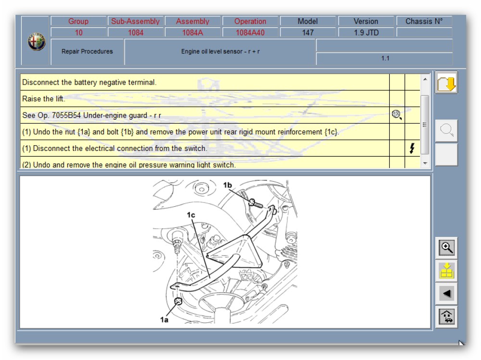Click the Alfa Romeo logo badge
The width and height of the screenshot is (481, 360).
pos(37,41)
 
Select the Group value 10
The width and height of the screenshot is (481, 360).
pos(78,33)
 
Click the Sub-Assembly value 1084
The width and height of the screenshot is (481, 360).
pos(136,33)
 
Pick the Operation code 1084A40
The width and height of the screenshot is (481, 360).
pos(250,33)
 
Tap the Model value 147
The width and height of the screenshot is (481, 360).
pos(308,33)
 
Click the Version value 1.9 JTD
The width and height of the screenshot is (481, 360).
pos(366,33)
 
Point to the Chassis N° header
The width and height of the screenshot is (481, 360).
pos(424,21)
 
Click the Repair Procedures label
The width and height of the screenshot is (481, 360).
pos(87,51)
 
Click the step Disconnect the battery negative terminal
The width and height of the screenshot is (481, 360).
pos(89,82)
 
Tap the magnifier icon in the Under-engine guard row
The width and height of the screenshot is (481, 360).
pos(397,115)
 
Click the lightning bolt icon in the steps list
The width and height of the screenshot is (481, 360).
pos(412,148)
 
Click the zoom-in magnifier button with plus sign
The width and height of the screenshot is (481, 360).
pos(446,248)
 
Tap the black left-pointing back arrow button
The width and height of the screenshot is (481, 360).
pos(446,294)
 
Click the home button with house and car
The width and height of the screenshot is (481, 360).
pos(446,316)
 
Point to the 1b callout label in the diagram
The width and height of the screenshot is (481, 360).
pos(228,185)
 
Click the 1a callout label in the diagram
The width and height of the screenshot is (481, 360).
pos(164,320)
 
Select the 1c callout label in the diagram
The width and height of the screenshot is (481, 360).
pos(191,215)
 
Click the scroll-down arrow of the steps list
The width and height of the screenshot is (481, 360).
pos(425,163)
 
